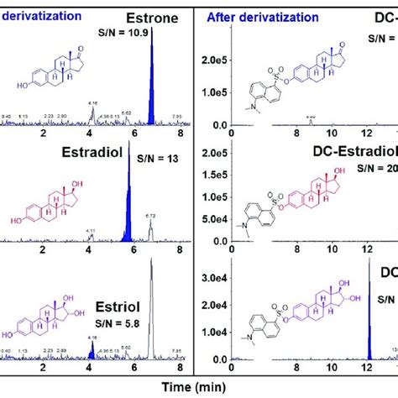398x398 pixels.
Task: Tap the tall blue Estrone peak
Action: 151,84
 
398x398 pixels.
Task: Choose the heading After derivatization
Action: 260,16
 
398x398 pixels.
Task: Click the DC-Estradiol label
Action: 361,152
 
